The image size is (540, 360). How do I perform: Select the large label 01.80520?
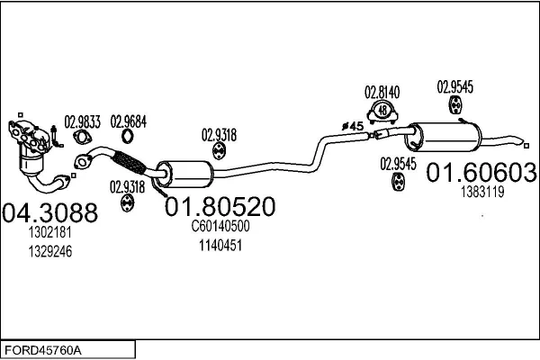point(220,207)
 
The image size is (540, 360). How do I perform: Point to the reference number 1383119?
point(482,192)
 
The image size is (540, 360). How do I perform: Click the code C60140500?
point(220,227)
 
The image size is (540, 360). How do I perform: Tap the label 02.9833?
point(82,120)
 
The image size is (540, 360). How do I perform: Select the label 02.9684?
point(129,120)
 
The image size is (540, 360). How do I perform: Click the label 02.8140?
point(382,92)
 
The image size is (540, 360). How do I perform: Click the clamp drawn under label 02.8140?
point(382,111)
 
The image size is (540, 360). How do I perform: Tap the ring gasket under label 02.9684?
point(129,137)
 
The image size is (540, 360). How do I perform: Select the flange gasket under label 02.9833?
point(82,138)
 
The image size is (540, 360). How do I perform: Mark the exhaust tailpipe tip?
point(521,140)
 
